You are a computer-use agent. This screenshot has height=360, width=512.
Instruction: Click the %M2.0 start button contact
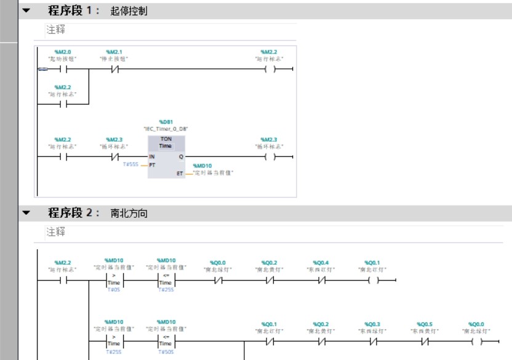click(x=63, y=69)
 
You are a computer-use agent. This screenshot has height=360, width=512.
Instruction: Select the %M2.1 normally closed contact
click(x=114, y=69)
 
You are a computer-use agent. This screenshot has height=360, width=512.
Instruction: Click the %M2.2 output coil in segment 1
click(x=269, y=69)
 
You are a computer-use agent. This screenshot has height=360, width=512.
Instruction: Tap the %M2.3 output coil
click(x=269, y=157)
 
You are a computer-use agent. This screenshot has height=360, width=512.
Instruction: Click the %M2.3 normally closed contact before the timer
click(x=114, y=157)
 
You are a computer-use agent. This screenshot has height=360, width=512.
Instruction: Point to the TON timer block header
click(x=166, y=143)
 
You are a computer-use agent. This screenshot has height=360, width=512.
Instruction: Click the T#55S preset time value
click(x=131, y=165)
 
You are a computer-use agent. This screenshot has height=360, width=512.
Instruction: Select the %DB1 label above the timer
click(x=166, y=122)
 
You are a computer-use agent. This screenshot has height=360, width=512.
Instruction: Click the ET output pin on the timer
click(x=179, y=174)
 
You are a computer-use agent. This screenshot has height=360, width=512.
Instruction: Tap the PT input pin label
click(x=153, y=165)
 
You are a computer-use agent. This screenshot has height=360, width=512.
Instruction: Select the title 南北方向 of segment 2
click(x=129, y=213)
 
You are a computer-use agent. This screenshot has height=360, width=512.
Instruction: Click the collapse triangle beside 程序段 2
click(x=26, y=213)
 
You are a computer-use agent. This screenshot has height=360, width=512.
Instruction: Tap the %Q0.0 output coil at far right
click(x=476, y=341)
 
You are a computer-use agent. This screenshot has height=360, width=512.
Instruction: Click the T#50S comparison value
click(x=166, y=353)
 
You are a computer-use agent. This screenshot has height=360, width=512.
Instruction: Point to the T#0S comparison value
click(x=114, y=290)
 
